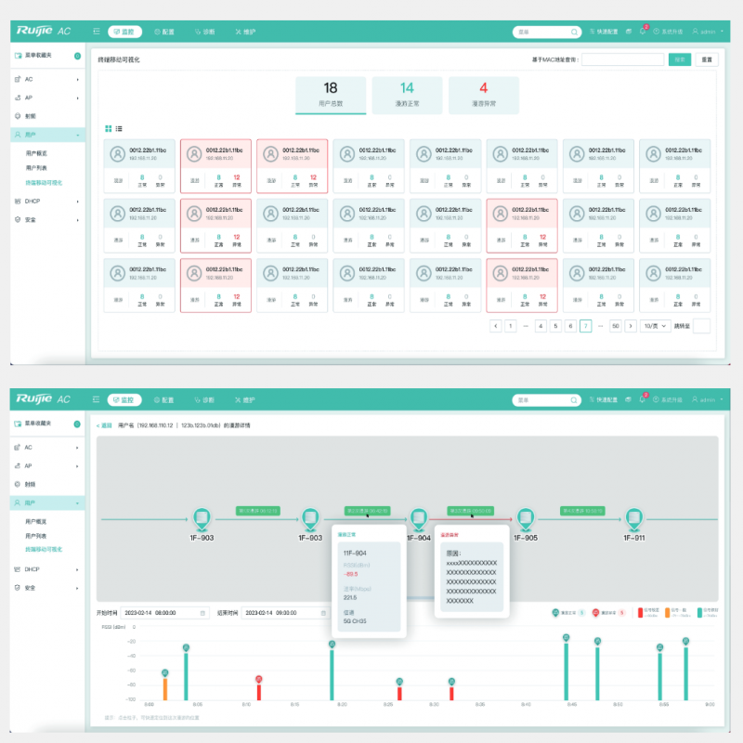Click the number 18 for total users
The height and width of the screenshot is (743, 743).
331,88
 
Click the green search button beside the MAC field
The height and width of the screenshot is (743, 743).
681,59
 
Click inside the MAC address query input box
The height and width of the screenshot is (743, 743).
622,59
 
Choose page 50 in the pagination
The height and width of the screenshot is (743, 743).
615,326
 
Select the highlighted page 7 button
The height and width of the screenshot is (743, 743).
585,326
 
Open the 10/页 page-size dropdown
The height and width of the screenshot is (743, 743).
656,326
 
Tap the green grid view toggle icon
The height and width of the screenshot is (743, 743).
109,128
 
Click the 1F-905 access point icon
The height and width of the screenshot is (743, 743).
526,517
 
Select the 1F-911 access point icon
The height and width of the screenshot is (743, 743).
634,517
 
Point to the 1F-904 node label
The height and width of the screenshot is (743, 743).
419,538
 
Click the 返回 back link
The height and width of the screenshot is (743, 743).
104,424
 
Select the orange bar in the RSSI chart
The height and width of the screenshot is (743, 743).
165,688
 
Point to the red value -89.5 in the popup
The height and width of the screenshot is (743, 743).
351,574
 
